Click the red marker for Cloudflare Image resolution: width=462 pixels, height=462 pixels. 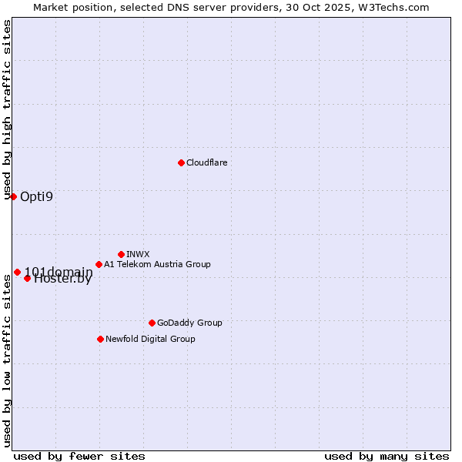(181, 162)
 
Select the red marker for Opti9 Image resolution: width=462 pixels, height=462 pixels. (13, 196)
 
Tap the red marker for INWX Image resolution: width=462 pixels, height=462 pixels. (121, 254)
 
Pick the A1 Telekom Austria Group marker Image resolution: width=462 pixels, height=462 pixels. (99, 264)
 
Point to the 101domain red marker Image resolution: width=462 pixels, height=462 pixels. (17, 272)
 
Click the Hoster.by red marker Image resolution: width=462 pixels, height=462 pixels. (27, 278)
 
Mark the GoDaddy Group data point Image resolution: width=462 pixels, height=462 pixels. (152, 323)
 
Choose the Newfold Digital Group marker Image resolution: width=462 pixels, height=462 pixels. (100, 339)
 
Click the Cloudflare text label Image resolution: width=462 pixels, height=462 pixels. (206, 162)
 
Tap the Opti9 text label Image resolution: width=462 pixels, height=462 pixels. (36, 196)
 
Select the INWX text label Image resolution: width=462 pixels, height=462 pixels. (138, 254)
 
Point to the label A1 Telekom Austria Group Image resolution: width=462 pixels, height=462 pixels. (157, 264)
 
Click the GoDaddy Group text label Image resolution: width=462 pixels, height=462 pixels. (189, 323)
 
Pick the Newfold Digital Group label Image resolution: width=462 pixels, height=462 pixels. (150, 339)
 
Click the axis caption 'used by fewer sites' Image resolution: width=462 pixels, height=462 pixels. (79, 456)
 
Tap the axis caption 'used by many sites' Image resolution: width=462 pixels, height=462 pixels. (387, 456)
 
